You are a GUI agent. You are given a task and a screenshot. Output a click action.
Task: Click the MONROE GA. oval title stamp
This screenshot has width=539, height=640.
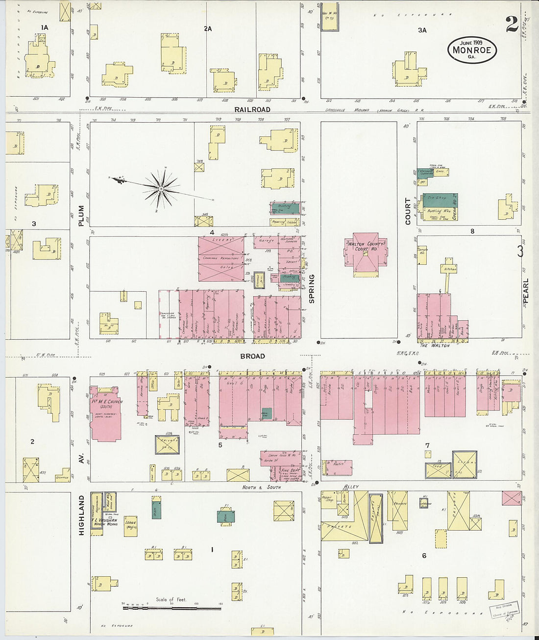[472, 50]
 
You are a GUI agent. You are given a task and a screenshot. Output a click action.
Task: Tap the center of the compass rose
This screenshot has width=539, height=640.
[161, 188]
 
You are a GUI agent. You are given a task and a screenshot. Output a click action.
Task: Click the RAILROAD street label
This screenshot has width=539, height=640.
[252, 110]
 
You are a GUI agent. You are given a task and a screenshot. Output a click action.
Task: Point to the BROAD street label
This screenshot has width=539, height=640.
[252, 356]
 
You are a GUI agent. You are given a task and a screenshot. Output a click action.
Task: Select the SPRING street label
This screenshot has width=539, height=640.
[312, 288]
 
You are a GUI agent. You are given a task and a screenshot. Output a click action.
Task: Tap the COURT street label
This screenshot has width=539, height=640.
[408, 211]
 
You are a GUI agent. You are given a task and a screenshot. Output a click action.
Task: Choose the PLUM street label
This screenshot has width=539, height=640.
[81, 216]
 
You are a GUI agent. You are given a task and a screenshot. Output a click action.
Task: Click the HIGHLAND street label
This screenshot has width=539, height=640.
[81, 514]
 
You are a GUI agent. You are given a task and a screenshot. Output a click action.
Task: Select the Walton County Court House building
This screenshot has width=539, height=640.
[366, 253]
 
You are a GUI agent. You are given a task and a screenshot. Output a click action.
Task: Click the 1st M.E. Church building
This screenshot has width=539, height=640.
[105, 412]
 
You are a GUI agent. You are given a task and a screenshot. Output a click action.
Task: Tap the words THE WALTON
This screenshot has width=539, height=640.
[434, 345]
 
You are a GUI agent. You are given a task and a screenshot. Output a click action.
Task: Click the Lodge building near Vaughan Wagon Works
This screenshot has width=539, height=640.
[130, 526]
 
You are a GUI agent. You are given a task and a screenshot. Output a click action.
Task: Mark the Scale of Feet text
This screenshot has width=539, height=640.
[171, 599]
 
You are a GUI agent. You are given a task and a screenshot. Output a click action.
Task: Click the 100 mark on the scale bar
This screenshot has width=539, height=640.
[196, 604]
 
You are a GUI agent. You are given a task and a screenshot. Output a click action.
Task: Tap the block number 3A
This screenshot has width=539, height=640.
[422, 30]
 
